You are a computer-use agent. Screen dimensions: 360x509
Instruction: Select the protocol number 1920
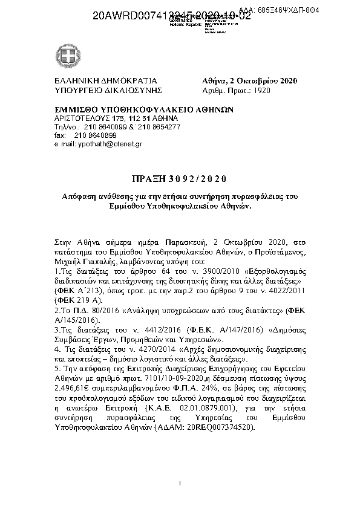tap(263, 91)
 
